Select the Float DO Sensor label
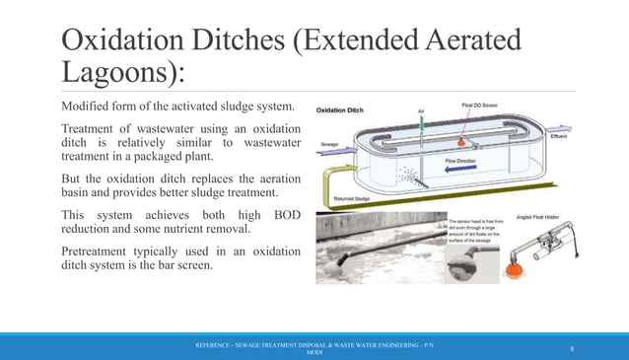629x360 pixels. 480,104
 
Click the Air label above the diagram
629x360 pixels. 422,111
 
